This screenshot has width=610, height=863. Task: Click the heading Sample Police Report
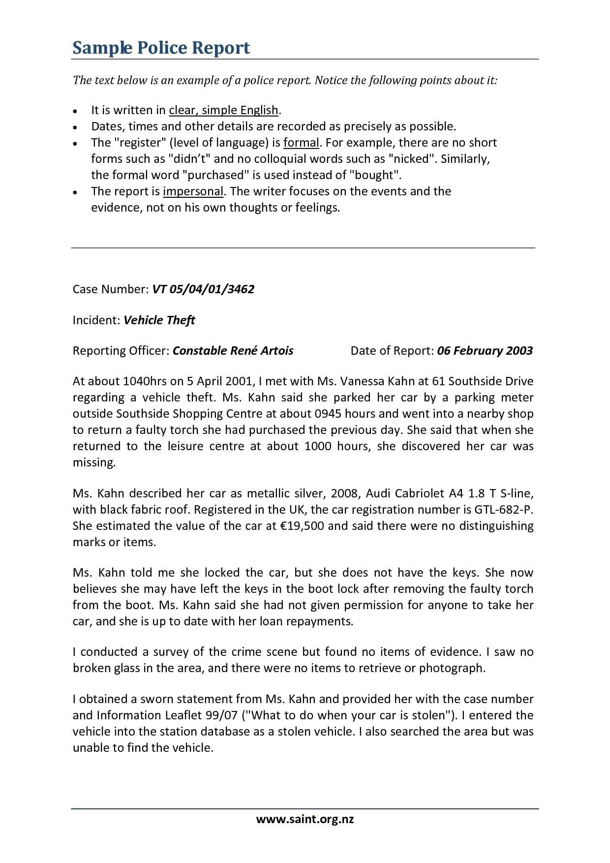click(x=161, y=48)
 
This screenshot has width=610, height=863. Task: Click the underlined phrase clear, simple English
click(x=224, y=110)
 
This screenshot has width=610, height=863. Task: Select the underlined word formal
click(x=301, y=143)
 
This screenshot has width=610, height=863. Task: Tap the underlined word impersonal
click(x=193, y=191)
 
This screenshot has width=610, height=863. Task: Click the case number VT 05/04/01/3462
click(x=203, y=289)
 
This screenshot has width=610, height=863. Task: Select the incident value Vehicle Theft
click(x=159, y=320)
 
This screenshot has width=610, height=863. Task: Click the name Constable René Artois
click(x=233, y=351)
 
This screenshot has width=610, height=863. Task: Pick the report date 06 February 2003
click(x=485, y=351)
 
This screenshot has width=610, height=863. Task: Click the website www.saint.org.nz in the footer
click(x=305, y=819)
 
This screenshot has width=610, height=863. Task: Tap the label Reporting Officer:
click(x=121, y=351)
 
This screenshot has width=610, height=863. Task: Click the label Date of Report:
click(x=392, y=351)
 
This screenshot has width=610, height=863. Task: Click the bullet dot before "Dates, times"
click(x=75, y=127)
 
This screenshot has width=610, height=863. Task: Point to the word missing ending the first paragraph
click(x=93, y=462)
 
